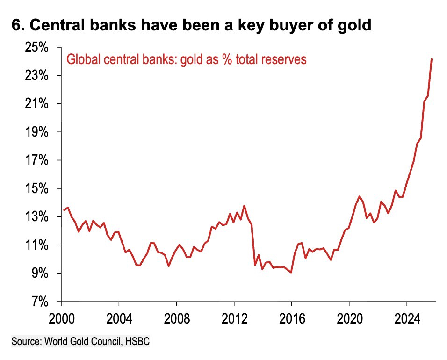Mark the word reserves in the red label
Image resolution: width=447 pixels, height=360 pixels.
[282, 60]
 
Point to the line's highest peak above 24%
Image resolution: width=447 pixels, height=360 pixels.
[431, 59]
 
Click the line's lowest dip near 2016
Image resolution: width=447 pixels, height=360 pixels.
[291, 272]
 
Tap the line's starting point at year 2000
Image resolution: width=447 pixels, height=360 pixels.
[64, 210]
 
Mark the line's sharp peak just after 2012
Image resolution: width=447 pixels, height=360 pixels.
[244, 205]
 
